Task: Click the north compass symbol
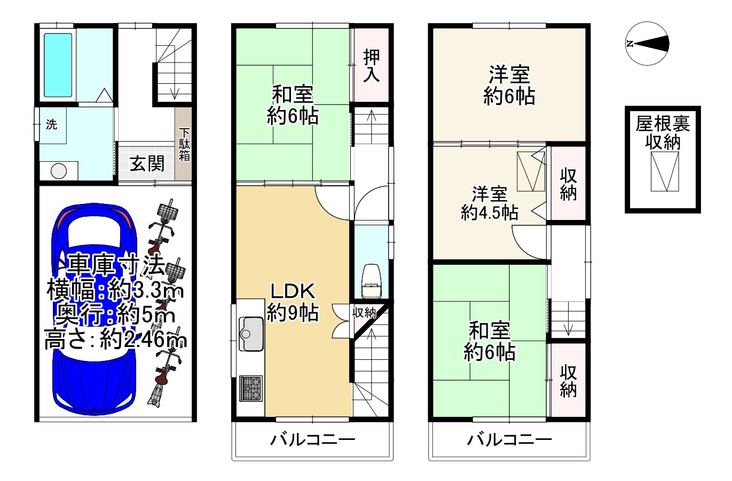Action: pyautogui.click(x=647, y=43)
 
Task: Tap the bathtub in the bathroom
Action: pyautogui.click(x=58, y=65)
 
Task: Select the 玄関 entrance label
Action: pyautogui.click(x=147, y=164)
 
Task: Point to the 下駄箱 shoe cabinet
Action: pyautogui.click(x=184, y=144)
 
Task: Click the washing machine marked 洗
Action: pyautogui.click(x=53, y=125)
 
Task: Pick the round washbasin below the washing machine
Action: pyautogui.click(x=59, y=171)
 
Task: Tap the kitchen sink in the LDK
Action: pyautogui.click(x=251, y=334)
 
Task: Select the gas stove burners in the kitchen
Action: pyautogui.click(x=251, y=388)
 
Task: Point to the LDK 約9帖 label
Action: pyautogui.click(x=293, y=302)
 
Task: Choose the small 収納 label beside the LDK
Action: pyautogui.click(x=364, y=313)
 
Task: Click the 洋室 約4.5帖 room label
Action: pyautogui.click(x=489, y=203)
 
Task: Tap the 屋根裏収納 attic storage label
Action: pyautogui.click(x=663, y=133)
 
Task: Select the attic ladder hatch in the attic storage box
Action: pyautogui.click(x=665, y=171)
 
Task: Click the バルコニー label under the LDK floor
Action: pyautogui.click(x=313, y=440)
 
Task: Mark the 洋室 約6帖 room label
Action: pyautogui.click(x=509, y=85)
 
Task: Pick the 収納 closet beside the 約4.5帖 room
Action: pyautogui.click(x=568, y=184)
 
